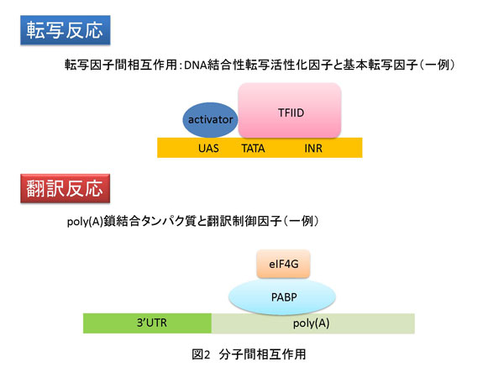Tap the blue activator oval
click(x=210, y=120)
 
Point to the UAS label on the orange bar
click(x=210, y=148)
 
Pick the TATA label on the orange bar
click(x=255, y=148)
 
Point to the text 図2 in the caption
click(x=202, y=354)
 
